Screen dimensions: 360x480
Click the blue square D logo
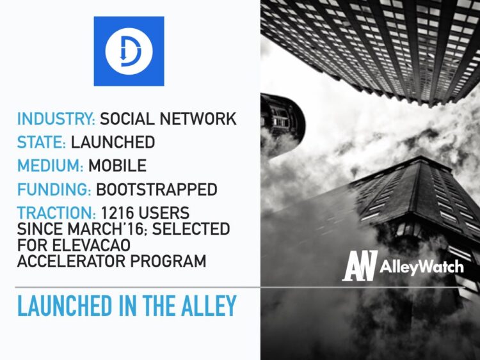[129, 51]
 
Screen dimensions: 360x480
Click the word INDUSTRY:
[56, 119]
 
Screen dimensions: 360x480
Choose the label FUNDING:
[54, 190]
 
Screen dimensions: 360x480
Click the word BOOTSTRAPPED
[157, 190]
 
